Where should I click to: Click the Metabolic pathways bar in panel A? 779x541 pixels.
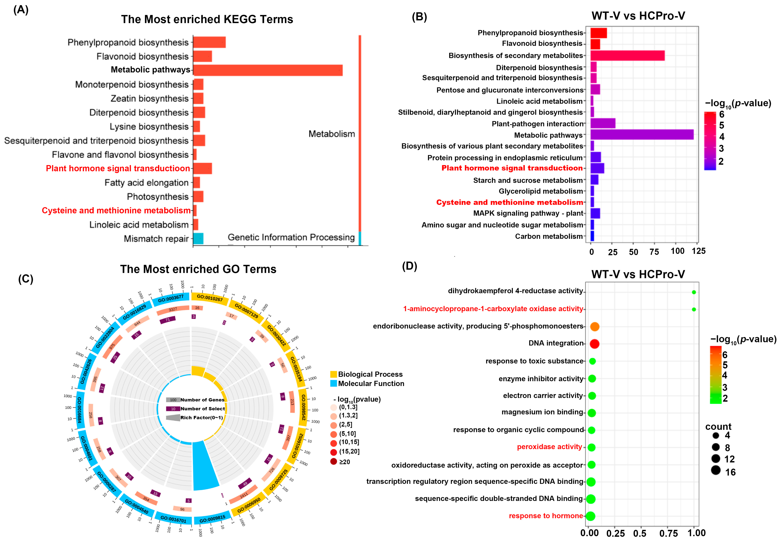(268, 70)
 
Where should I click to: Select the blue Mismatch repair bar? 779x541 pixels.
(198, 239)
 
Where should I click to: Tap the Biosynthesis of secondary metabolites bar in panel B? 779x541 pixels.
(627, 56)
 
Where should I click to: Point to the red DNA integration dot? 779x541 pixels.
(594, 344)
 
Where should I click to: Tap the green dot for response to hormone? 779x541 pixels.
(590, 516)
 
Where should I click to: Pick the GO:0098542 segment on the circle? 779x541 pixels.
(303, 407)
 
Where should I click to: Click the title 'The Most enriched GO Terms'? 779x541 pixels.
(198, 269)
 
